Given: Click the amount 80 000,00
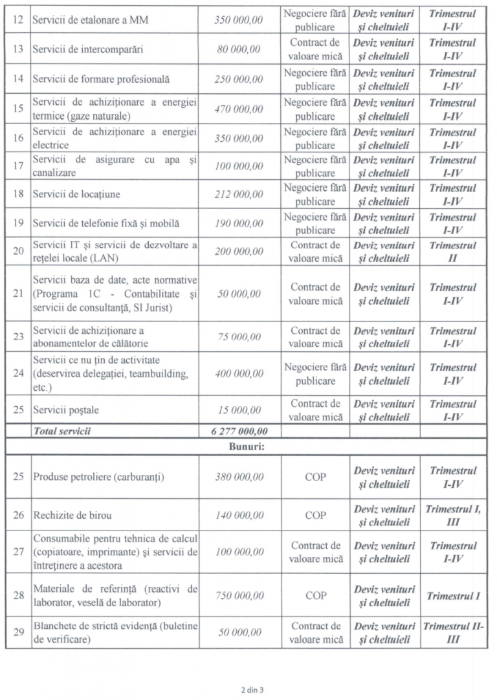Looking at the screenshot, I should click(x=239, y=50).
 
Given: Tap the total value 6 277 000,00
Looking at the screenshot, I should click(x=239, y=432).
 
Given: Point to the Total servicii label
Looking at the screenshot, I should click(x=62, y=432).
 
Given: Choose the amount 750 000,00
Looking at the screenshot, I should click(x=239, y=596).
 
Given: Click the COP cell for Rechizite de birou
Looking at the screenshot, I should click(x=315, y=516).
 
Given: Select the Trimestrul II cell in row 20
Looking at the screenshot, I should click(x=452, y=252).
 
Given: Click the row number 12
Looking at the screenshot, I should click(x=18, y=20).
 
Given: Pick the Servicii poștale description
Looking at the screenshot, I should click(x=66, y=410).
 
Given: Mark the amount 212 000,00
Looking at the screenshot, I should click(x=239, y=195).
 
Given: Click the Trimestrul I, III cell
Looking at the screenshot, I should click(x=452, y=516).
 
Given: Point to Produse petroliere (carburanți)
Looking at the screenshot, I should click(x=98, y=477).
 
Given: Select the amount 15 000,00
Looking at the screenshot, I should click(x=239, y=410).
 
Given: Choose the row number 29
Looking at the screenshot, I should click(x=18, y=632).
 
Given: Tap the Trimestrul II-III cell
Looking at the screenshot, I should click(x=452, y=633).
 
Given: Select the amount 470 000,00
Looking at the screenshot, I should click(x=239, y=109).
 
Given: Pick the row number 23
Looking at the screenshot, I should click(x=18, y=337).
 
